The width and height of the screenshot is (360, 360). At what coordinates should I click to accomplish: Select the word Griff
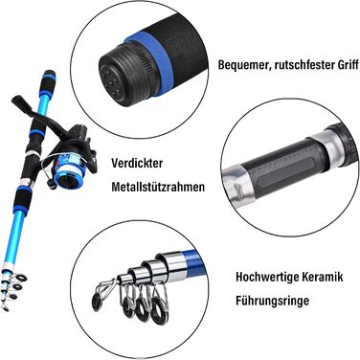coord(347,65)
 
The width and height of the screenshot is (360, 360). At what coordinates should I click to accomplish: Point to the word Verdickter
coord(137,164)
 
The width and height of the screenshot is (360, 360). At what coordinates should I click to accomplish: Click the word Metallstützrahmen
coord(158,187)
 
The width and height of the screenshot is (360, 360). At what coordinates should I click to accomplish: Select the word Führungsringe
coord(273,301)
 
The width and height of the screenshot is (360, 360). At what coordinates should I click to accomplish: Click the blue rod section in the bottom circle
coord(193,260)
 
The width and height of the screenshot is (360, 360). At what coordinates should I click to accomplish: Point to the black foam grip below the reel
coord(22,197)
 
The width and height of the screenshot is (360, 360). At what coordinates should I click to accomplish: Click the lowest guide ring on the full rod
coord(6,307)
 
